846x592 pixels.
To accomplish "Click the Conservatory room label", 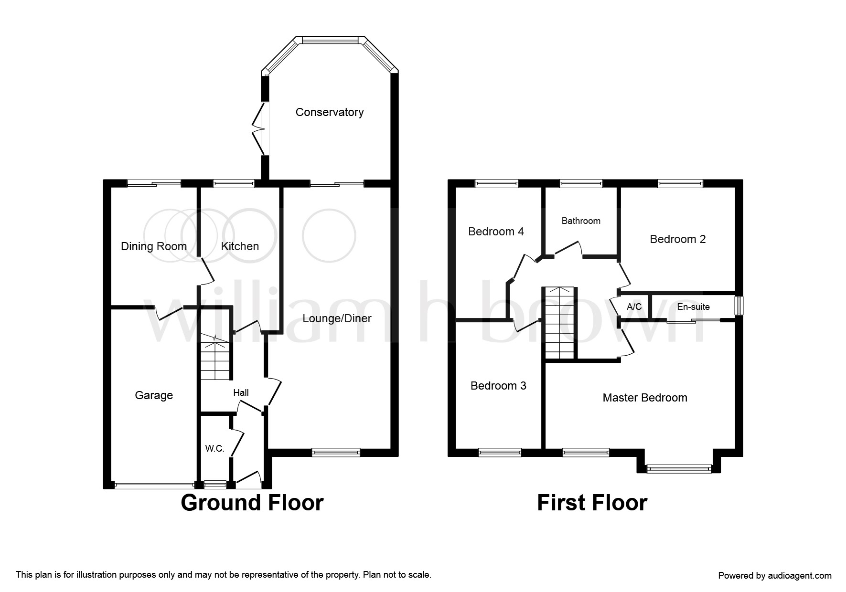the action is click(x=330, y=112).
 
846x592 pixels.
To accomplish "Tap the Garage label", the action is click(x=154, y=395).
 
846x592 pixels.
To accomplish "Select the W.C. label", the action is click(x=214, y=448).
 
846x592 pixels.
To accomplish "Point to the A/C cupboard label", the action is click(x=634, y=307).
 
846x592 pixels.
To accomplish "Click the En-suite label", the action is click(x=693, y=307).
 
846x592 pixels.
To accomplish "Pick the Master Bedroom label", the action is click(x=645, y=398).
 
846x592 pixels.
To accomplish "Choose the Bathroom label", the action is click(x=581, y=221).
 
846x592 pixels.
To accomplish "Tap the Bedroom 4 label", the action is click(x=496, y=232).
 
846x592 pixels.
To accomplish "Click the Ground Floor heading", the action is click(x=252, y=503).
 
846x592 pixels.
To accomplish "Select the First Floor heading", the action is click(x=592, y=503).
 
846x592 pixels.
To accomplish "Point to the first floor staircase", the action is click(x=559, y=323).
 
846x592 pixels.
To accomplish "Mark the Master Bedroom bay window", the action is click(x=678, y=470).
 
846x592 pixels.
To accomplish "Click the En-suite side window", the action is click(x=739, y=306).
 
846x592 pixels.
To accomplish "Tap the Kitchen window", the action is click(x=234, y=182).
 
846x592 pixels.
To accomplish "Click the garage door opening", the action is click(x=154, y=486).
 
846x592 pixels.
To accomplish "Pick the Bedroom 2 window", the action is click(x=680, y=183).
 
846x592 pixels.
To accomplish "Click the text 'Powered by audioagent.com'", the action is click(x=775, y=576).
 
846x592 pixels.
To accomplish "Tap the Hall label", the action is click(x=241, y=393).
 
